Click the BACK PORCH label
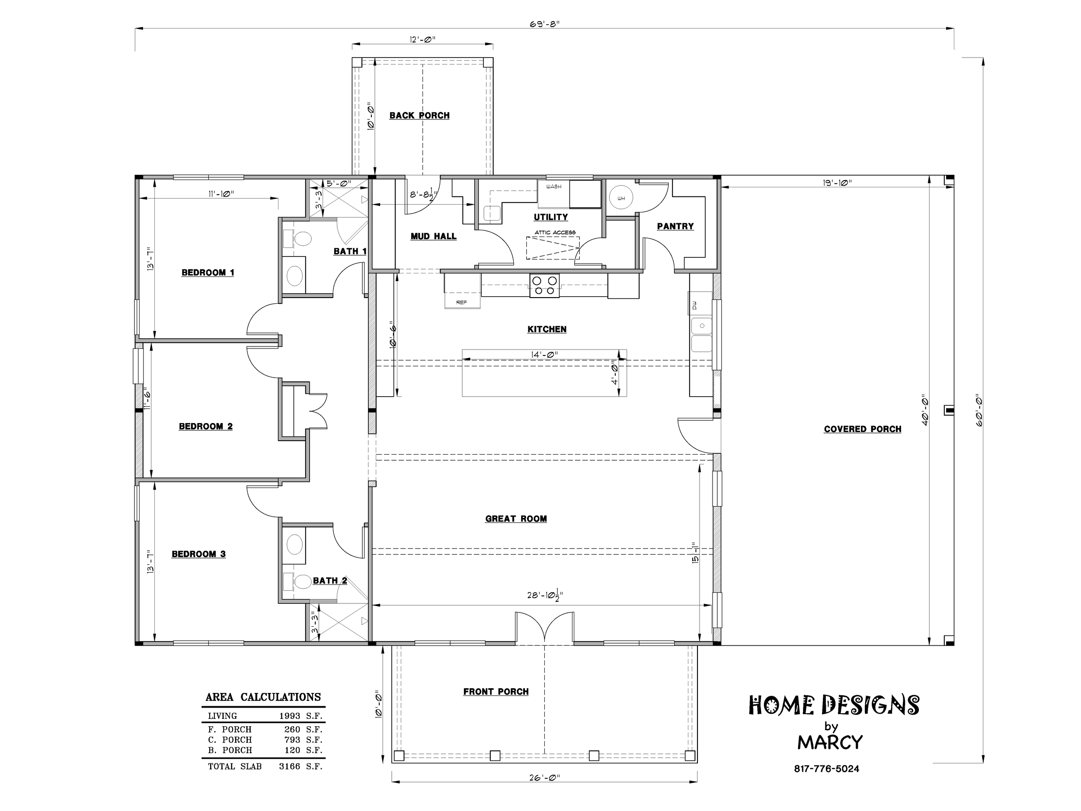click(x=419, y=116)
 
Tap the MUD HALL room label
click(x=433, y=237)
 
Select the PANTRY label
click(x=675, y=226)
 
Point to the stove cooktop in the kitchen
click(x=544, y=285)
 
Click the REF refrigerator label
click(x=461, y=302)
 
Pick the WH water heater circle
click(x=621, y=199)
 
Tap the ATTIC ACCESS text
click(x=555, y=233)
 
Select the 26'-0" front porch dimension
click(x=544, y=777)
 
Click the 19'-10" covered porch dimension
click(x=837, y=183)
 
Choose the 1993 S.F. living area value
click(x=301, y=716)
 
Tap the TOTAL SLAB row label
click(x=234, y=766)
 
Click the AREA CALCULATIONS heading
click(x=263, y=697)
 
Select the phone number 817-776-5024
click(x=826, y=769)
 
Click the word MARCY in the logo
click(x=830, y=743)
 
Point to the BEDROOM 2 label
click(x=205, y=427)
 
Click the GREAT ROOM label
click(x=515, y=519)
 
